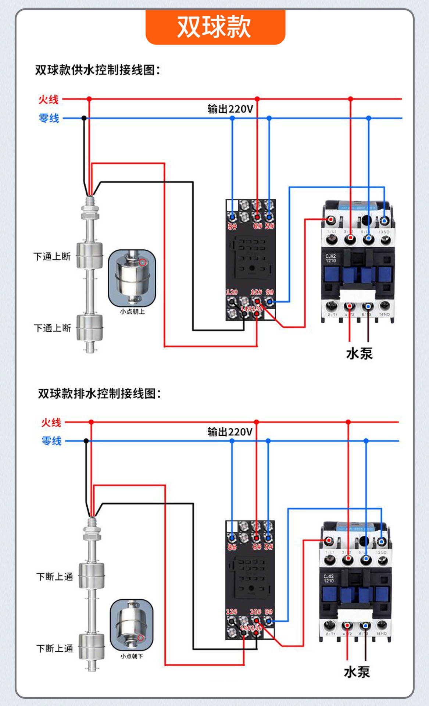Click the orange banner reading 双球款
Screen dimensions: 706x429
click(x=215, y=27)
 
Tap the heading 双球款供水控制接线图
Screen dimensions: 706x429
click(x=97, y=69)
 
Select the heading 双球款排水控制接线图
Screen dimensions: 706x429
click(x=99, y=393)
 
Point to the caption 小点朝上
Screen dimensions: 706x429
click(x=132, y=311)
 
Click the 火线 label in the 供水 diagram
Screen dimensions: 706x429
click(x=49, y=99)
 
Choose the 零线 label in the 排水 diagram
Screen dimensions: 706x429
click(x=51, y=441)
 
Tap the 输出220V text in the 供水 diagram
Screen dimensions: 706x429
click(x=230, y=109)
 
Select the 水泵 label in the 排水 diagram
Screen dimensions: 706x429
click(x=357, y=672)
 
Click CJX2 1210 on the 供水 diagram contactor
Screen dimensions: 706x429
click(x=330, y=258)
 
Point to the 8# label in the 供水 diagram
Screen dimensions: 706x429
click(x=232, y=227)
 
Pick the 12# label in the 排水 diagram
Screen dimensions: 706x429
click(x=232, y=611)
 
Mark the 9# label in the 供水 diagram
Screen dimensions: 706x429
click(x=269, y=292)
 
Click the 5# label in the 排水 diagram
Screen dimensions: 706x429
click(x=269, y=547)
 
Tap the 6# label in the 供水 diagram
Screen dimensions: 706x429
click(x=258, y=226)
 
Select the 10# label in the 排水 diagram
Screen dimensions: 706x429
click(x=255, y=612)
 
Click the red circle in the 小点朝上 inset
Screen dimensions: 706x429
click(x=143, y=262)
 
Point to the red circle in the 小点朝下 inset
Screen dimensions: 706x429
click(x=140, y=638)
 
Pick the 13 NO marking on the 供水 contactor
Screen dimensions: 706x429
click(x=384, y=232)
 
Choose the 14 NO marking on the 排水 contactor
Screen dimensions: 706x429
click(x=381, y=634)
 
